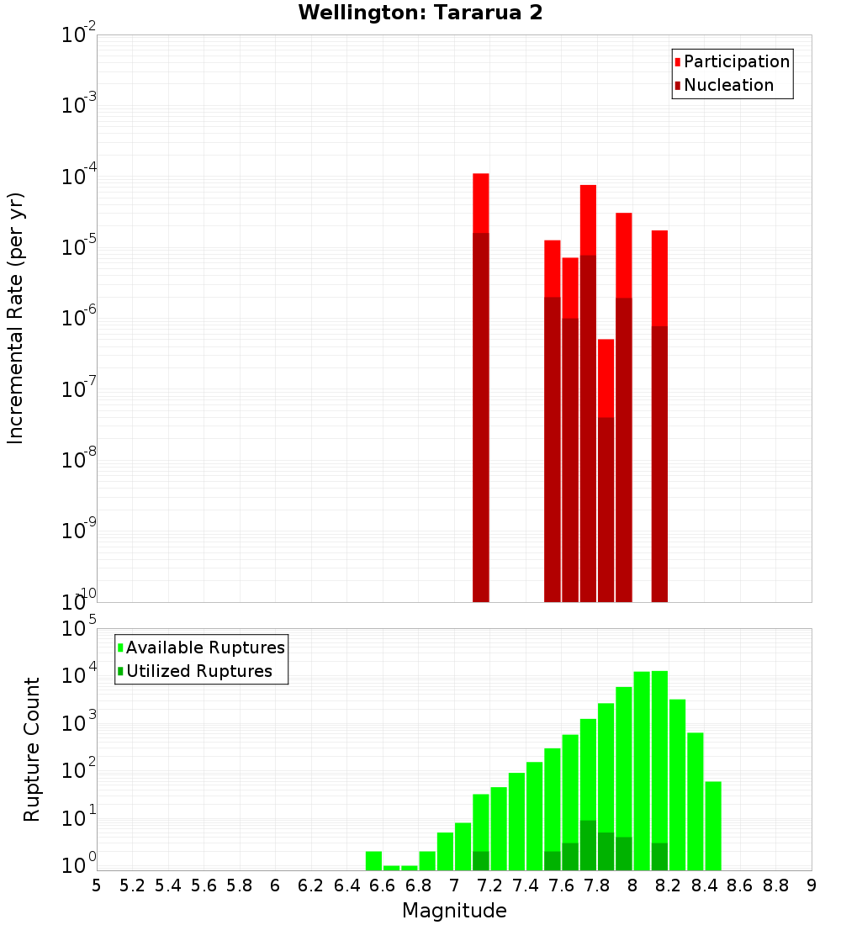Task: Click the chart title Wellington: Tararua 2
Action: click(420, 13)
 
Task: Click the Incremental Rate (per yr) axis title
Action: click(16, 318)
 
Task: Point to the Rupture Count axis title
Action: click(32, 748)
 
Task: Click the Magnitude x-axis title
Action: click(454, 910)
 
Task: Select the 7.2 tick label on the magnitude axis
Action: click(489, 885)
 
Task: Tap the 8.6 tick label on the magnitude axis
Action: click(740, 885)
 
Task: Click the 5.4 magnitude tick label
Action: click(168, 885)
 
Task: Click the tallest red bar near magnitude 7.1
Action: click(481, 202)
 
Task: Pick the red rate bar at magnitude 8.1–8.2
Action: click(659, 277)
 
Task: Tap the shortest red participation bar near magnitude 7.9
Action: click(606, 378)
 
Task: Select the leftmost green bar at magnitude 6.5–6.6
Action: click(373, 860)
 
